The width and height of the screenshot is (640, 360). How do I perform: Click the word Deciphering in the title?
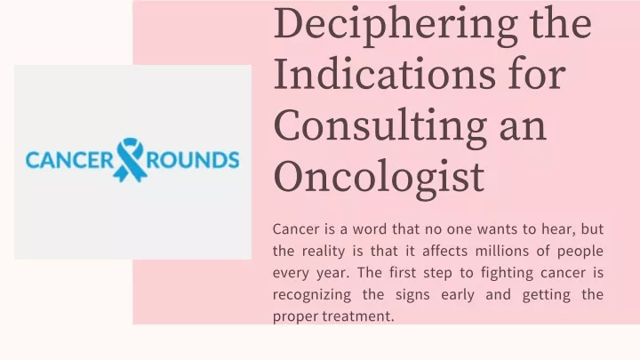[x=396, y=26]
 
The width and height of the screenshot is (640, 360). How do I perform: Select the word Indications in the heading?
[x=385, y=75]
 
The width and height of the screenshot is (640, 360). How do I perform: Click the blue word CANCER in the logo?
[x=70, y=160]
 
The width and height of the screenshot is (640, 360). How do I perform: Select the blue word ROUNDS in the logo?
[x=193, y=160]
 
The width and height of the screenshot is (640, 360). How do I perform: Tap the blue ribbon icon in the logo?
[x=130, y=160]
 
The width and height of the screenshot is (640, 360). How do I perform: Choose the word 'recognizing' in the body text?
[x=312, y=295]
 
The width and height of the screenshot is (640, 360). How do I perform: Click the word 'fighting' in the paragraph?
[x=507, y=273]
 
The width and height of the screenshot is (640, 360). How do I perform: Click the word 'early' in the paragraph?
[x=458, y=295]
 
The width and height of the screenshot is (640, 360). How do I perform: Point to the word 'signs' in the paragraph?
[x=412, y=295]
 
